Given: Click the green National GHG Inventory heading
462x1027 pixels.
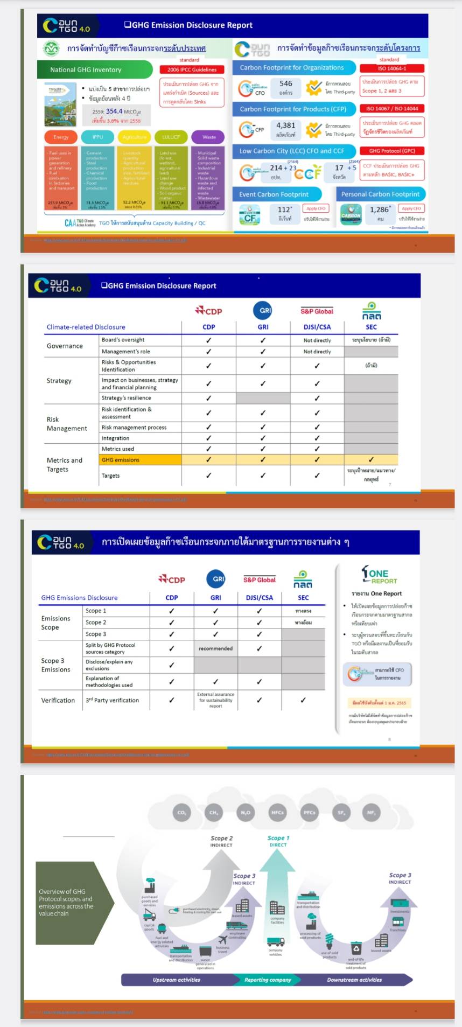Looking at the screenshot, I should [x=86, y=69].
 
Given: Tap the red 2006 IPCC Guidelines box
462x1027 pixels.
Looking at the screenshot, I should [x=192, y=69].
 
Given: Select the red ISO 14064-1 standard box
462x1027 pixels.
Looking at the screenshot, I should [x=391, y=68].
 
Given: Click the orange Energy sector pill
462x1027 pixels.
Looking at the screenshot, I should [x=61, y=137].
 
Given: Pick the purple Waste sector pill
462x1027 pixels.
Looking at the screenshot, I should [x=209, y=137].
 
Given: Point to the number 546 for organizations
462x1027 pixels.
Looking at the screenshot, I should [x=285, y=83].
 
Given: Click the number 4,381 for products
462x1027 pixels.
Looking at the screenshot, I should [x=285, y=125].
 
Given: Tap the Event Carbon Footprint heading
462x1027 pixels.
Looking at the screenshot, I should [x=274, y=194].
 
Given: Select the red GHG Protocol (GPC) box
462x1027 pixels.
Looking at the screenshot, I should [x=391, y=151].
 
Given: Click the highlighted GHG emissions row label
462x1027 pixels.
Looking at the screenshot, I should [x=121, y=460].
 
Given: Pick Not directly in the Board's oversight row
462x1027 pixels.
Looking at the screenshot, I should [x=317, y=340].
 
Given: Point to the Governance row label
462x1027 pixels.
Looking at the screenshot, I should [x=65, y=346].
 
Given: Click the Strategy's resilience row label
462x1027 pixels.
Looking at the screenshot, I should [x=126, y=398].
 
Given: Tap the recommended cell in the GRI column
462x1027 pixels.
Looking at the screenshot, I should [x=215, y=648].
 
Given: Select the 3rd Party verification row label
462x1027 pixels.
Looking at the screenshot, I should [x=112, y=700].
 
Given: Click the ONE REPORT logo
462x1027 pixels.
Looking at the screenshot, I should [x=379, y=576].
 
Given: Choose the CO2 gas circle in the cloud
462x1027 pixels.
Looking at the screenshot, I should [x=181, y=813].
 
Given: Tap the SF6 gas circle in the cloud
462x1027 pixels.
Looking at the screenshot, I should [x=341, y=813].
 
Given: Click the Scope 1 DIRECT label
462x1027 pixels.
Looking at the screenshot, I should [x=278, y=841].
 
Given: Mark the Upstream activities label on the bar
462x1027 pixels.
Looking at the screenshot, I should [x=176, y=980].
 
